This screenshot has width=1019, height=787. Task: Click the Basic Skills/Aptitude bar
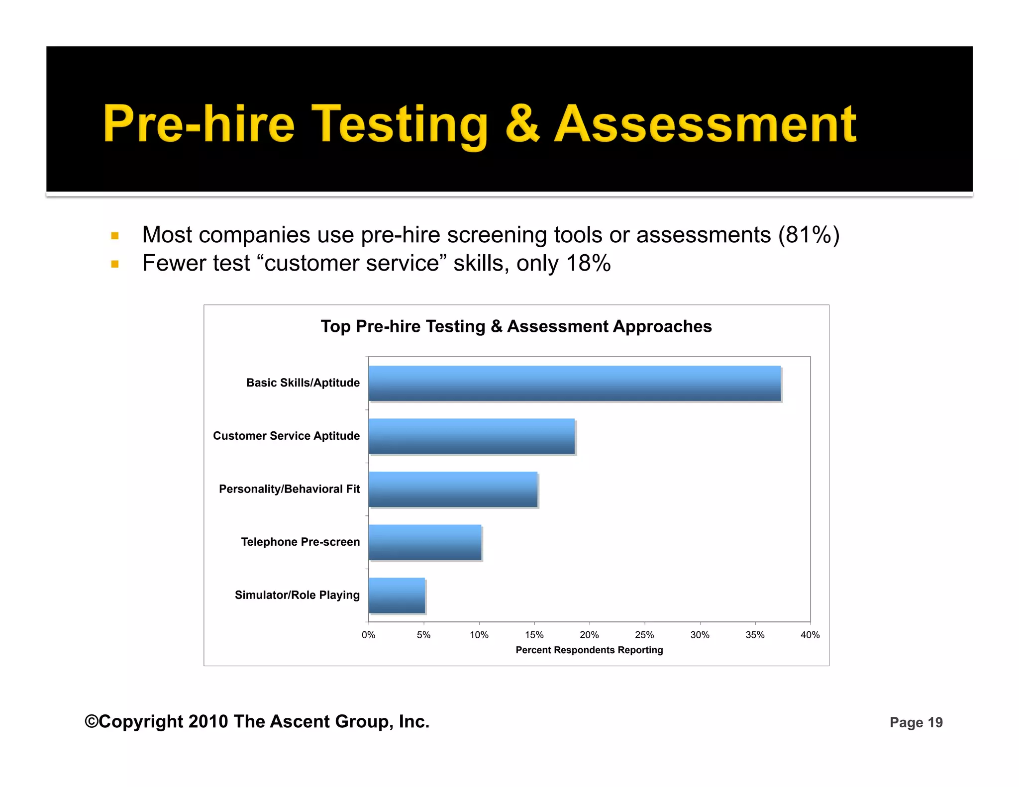point(575,383)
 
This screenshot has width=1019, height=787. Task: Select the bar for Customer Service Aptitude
point(472,436)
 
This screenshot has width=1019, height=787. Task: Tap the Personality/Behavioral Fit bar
point(453,490)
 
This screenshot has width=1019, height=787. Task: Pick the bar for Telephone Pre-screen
point(425,542)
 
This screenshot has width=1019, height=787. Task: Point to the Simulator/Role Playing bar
point(397,595)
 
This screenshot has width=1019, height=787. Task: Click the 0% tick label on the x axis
point(368,635)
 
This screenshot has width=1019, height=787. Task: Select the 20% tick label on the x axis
point(589,635)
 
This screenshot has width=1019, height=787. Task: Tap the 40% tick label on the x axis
point(810,635)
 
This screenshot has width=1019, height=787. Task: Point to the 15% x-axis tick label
point(534,635)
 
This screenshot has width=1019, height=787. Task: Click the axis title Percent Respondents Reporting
point(589,650)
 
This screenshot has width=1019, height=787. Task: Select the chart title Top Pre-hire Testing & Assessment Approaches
point(516,326)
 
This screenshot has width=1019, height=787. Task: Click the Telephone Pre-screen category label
point(300,542)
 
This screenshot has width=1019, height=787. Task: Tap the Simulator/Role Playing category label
point(297,595)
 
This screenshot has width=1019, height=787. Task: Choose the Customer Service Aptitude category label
point(286,436)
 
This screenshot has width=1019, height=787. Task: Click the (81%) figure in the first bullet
point(809,235)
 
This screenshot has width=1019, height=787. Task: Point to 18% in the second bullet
point(588,263)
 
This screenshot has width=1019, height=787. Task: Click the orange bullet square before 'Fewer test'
point(115,264)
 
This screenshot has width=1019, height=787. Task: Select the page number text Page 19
point(916,722)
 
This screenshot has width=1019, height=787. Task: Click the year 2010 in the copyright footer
point(208,721)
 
